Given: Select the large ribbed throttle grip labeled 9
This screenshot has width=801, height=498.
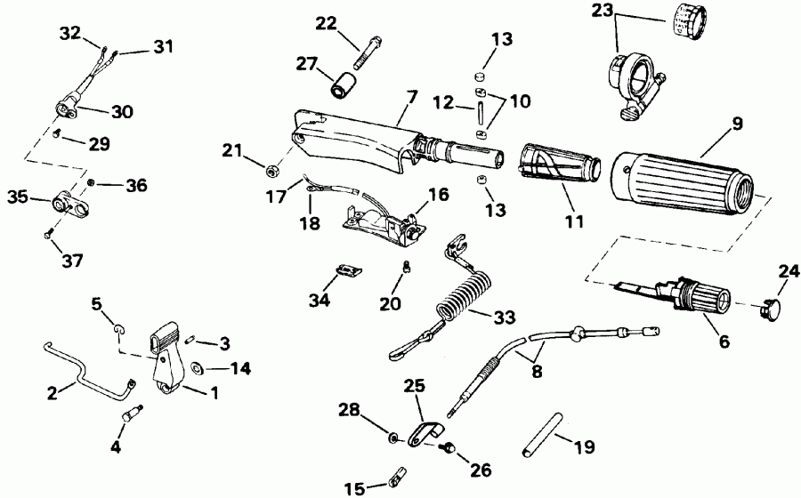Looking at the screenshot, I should (681, 182).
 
